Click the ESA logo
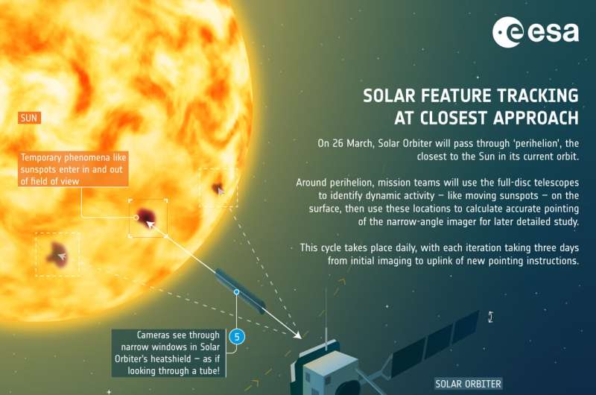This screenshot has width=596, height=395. [x=536, y=32]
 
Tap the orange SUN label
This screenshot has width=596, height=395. [x=29, y=118]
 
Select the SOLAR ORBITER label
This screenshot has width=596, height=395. [x=469, y=384]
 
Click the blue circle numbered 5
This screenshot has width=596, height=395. [x=237, y=337]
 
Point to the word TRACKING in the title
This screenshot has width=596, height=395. [x=538, y=95]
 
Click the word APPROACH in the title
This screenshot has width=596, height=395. [x=536, y=118]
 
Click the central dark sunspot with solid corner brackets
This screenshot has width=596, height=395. [x=146, y=217]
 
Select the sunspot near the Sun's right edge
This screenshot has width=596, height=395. [x=218, y=187]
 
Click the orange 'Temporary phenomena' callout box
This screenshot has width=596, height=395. [x=72, y=169]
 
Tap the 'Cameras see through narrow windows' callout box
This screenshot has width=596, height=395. [x=168, y=353]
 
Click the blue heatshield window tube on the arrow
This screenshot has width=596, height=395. [x=240, y=291]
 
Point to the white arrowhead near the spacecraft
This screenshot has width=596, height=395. [x=297, y=335]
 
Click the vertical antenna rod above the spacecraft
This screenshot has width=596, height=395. [x=326, y=318]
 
